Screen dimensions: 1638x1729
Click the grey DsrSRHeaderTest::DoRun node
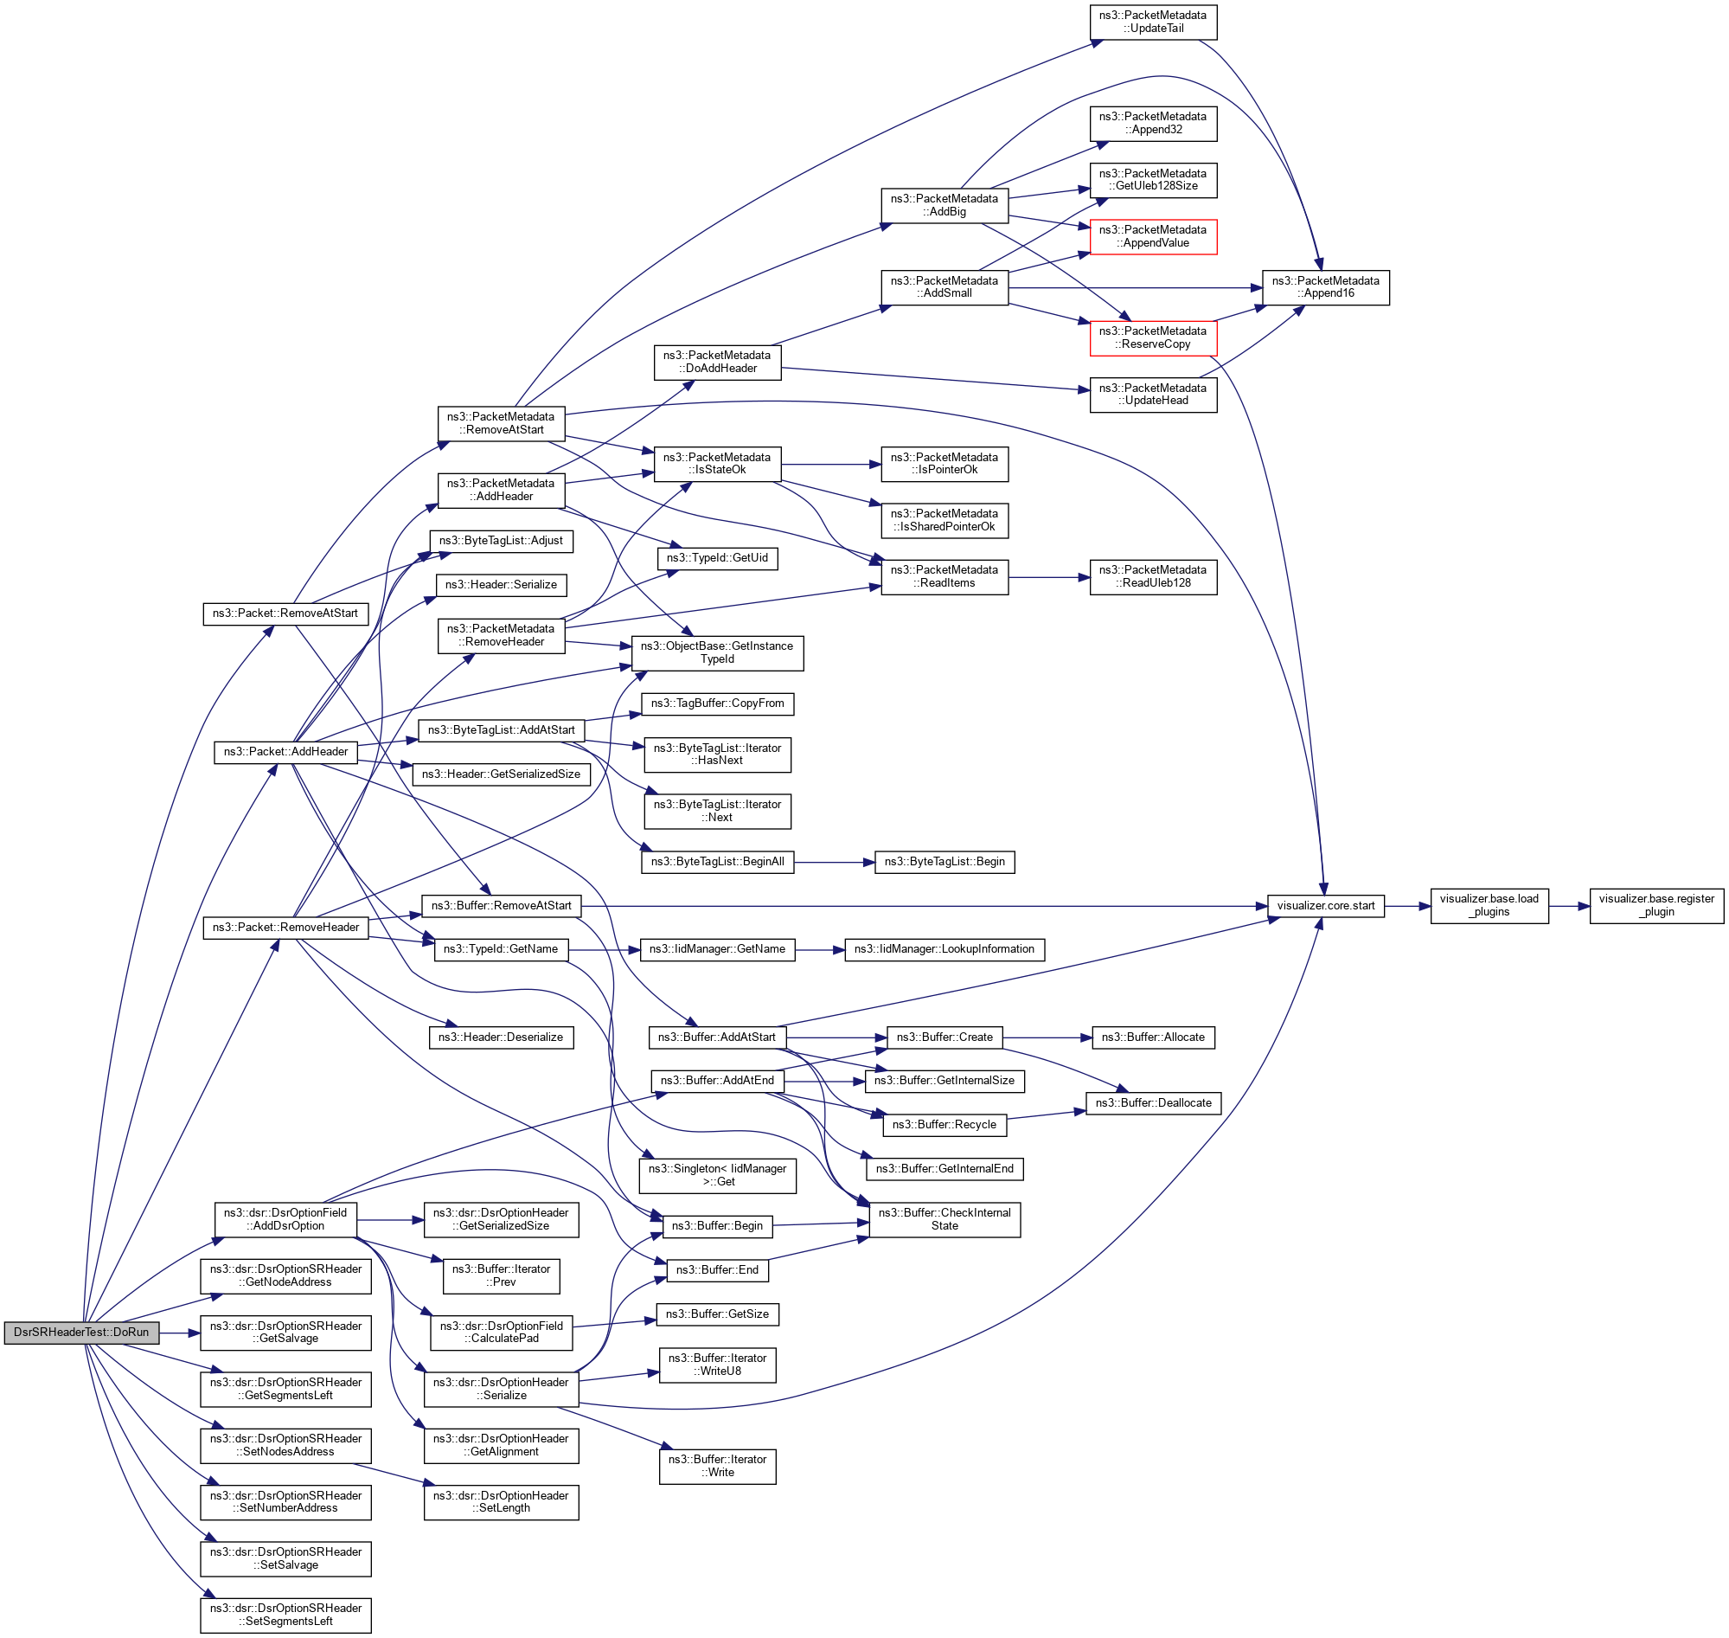tap(81, 1333)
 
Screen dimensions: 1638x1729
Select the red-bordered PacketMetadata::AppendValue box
tap(1152, 236)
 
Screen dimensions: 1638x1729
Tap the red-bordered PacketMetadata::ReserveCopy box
tap(1152, 338)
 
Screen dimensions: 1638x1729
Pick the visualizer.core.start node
tap(1325, 906)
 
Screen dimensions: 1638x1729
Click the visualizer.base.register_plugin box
tap(1655, 906)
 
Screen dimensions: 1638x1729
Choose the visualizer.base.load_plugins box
tap(1489, 906)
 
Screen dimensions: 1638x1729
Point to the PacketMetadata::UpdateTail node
tap(1152, 22)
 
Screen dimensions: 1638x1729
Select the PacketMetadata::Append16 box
tap(1325, 287)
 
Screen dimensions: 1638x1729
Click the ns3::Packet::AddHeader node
tap(285, 752)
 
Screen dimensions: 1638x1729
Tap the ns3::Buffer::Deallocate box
tap(1153, 1103)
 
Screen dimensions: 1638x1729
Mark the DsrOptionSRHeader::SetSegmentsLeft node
tap(285, 1616)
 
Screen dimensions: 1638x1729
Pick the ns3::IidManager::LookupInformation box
tap(945, 949)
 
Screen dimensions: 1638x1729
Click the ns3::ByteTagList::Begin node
tap(945, 863)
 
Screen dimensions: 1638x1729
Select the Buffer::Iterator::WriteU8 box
tap(717, 1365)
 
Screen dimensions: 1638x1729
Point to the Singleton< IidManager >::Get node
tap(717, 1176)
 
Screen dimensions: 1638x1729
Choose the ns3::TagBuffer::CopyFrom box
tap(717, 703)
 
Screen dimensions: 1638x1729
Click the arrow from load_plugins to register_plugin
tap(1568, 907)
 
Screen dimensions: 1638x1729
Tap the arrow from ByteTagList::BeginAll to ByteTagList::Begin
tap(834, 863)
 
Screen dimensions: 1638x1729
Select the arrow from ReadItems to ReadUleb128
tap(1048, 578)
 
